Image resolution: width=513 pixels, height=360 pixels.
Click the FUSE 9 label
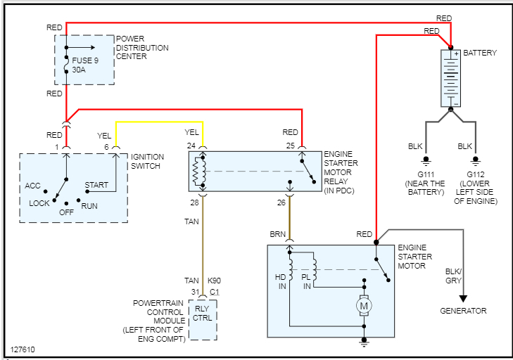pyautogui.click(x=85, y=60)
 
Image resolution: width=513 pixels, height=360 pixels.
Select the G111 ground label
pyautogui.click(x=426, y=174)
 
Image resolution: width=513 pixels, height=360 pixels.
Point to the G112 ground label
pyautogui.click(x=476, y=174)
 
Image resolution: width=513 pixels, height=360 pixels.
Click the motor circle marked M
pyautogui.click(x=364, y=306)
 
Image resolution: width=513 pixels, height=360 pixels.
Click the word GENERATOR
pyautogui.click(x=463, y=311)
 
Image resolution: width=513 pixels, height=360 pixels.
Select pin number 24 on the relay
pyautogui.click(x=191, y=146)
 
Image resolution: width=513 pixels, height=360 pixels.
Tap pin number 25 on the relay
pyautogui.click(x=290, y=146)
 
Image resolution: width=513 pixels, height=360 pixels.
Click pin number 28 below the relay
pyautogui.click(x=194, y=203)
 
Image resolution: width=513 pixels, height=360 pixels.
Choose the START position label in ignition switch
pyautogui.click(x=96, y=186)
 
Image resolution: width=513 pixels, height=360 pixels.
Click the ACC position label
pyautogui.click(x=32, y=186)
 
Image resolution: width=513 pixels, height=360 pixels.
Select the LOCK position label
pyautogui.click(x=39, y=203)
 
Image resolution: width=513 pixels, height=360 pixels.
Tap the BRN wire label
pyautogui.click(x=277, y=233)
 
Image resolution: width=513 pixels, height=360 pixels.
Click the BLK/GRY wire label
pyautogui.click(x=453, y=276)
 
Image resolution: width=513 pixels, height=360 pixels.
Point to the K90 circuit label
pyautogui.click(x=215, y=281)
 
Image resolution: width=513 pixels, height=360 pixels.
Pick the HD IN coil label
pyautogui.click(x=280, y=281)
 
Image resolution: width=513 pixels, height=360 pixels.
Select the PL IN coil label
pyautogui.click(x=306, y=281)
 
